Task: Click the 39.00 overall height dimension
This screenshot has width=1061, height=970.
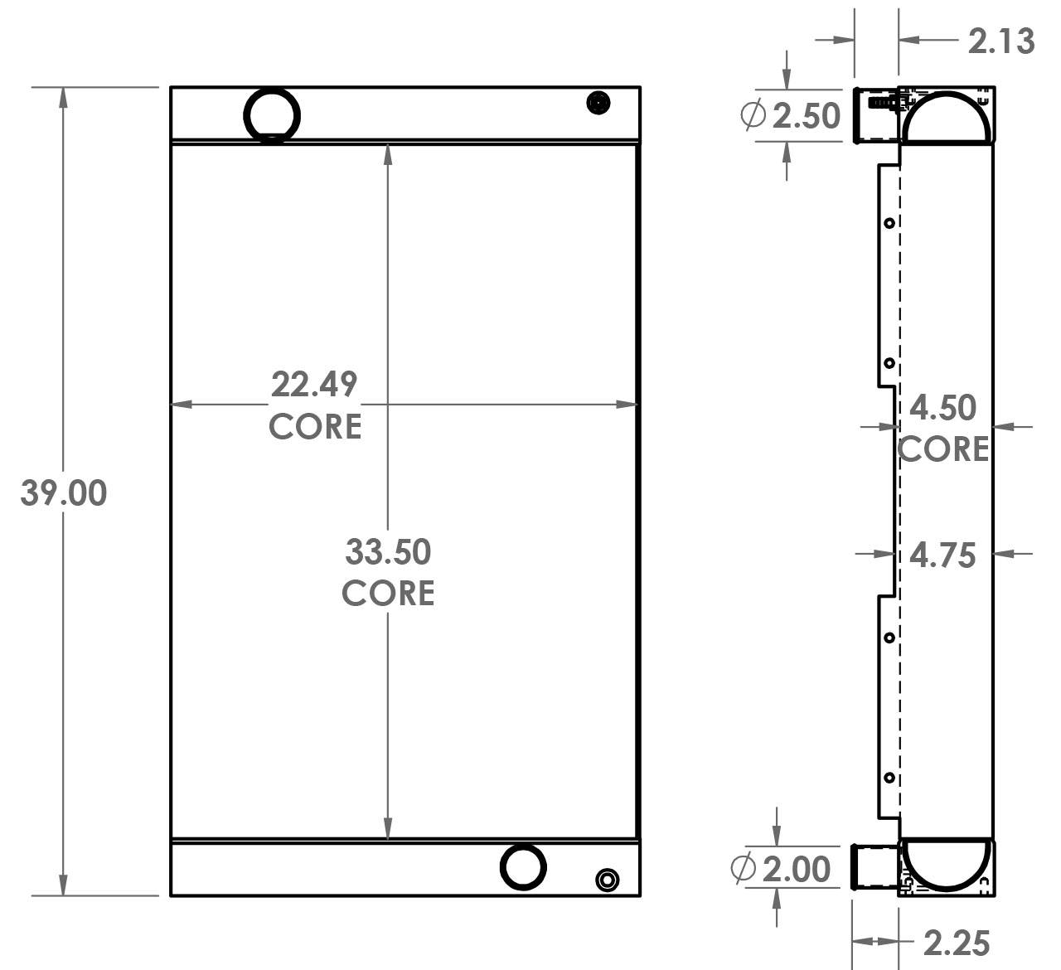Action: [x=64, y=493]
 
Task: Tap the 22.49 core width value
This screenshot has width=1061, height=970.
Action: [x=314, y=385]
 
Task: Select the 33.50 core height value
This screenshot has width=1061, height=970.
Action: [x=388, y=551]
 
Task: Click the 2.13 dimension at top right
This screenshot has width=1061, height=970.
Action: [x=1001, y=41]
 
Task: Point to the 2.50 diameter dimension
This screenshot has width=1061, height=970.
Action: [x=806, y=116]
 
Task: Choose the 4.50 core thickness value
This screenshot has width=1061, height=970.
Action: [x=943, y=408]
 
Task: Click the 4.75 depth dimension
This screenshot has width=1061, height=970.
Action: [x=943, y=555]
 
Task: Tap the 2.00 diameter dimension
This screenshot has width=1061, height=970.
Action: [x=796, y=869]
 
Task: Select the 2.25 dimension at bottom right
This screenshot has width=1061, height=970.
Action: [x=957, y=943]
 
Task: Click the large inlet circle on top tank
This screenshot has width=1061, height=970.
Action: [x=272, y=115]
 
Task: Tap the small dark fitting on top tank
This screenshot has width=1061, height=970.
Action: [x=598, y=104]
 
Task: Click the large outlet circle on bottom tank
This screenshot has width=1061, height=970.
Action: [x=523, y=866]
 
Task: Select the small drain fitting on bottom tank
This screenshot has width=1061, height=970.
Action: [x=607, y=880]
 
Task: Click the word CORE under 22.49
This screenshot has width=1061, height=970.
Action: [x=315, y=426]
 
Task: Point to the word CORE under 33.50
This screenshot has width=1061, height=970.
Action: [x=388, y=593]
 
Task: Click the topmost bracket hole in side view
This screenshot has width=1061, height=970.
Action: [x=889, y=223]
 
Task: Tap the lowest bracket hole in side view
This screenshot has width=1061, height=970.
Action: [x=889, y=778]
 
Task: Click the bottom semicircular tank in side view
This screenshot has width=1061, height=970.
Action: [x=945, y=862]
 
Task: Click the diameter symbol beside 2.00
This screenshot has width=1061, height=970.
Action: [x=744, y=868]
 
